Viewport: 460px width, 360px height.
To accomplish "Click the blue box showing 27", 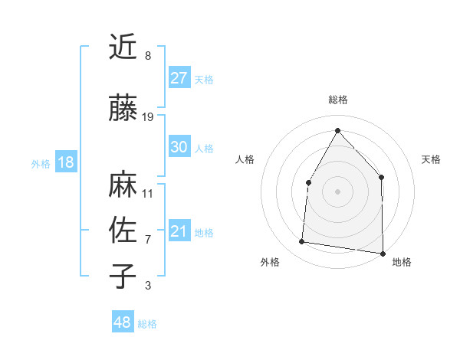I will point(179,78).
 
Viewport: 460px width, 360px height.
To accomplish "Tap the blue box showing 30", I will point(179,147).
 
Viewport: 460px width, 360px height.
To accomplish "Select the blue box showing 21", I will point(179,231).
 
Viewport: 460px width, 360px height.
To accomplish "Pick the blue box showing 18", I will point(65,162).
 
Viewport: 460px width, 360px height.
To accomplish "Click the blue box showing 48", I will point(123,322).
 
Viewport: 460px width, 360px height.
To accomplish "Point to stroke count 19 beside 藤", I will point(148,116).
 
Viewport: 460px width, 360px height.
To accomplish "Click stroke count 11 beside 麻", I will point(148,193).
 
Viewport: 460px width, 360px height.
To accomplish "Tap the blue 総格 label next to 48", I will point(147,324).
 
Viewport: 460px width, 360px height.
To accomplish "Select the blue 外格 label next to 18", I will point(41,163).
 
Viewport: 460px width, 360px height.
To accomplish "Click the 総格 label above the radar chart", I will point(338,100).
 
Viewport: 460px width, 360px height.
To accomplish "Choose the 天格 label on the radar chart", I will point(432,159).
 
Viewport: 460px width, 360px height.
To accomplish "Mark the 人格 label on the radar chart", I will point(245,159).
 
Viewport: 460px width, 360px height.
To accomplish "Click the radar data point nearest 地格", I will point(383,253).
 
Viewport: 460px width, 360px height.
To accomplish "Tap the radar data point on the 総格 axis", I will point(337,129).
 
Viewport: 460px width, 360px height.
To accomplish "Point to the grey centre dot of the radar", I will point(337,191).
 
